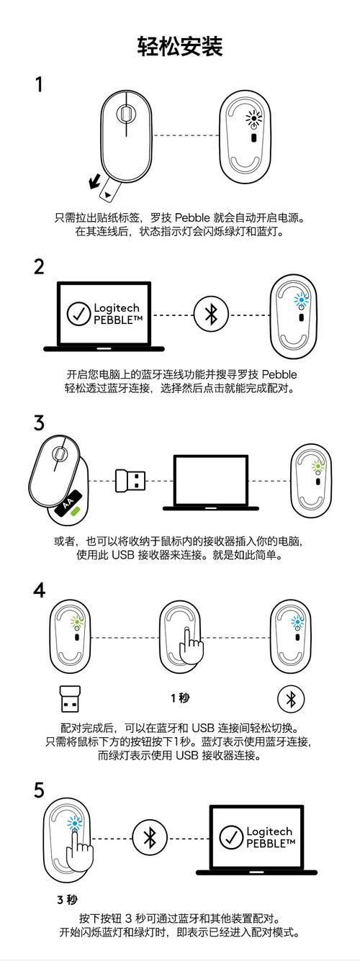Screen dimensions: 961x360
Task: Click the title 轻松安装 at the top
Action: pyautogui.click(x=180, y=47)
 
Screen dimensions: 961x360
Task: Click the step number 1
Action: pyautogui.click(x=39, y=85)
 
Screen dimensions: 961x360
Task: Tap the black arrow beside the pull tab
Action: pyautogui.click(x=95, y=182)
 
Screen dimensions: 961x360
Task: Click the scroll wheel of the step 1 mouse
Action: pyautogui.click(x=125, y=113)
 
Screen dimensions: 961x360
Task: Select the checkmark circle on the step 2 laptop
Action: pyautogui.click(x=78, y=313)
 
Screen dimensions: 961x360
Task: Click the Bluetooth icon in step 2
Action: pyautogui.click(x=211, y=314)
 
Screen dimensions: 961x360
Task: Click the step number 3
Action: pyautogui.click(x=39, y=423)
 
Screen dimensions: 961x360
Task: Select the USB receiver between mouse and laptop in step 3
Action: pyautogui.click(x=130, y=480)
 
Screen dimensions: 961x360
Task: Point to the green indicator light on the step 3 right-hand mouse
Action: pyautogui.click(x=317, y=466)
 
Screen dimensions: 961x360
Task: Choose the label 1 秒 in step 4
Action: pyautogui.click(x=180, y=698)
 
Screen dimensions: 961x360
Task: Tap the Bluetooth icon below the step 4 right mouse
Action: pyautogui.click(x=291, y=698)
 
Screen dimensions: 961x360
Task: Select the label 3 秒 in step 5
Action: pyautogui.click(x=67, y=899)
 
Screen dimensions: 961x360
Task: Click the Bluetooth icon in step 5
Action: pyautogui.click(x=150, y=838)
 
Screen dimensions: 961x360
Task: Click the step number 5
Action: pyautogui.click(x=39, y=790)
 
